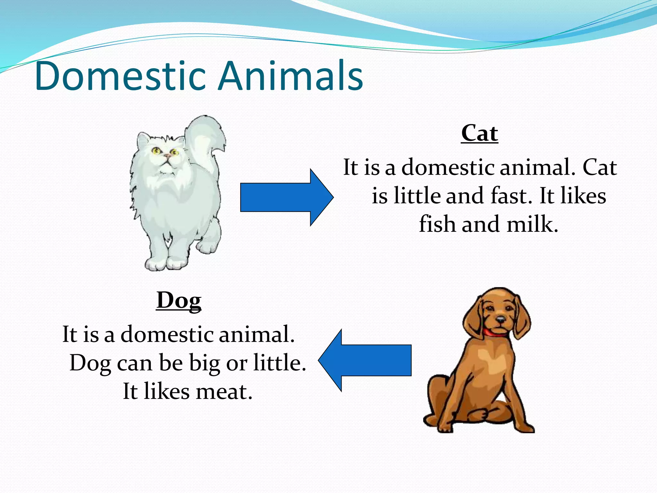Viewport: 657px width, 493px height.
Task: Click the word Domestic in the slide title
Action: click(120, 76)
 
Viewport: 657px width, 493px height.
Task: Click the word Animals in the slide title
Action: click(290, 76)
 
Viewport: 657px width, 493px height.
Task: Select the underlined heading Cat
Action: click(480, 134)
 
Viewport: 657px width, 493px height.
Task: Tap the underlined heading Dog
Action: click(179, 301)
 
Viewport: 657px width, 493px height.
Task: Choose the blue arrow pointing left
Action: click(366, 360)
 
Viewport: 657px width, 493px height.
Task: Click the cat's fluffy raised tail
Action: click(205, 141)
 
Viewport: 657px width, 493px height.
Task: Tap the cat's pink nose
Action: click(167, 156)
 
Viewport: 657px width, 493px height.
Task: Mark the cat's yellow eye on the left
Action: click(157, 150)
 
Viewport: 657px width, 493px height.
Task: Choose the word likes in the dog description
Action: click(167, 392)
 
